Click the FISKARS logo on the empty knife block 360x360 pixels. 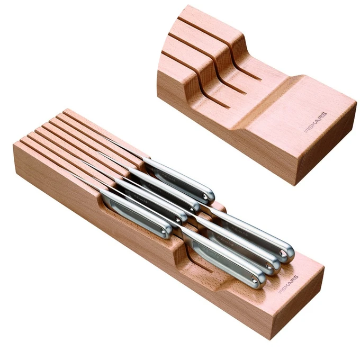click(316, 123)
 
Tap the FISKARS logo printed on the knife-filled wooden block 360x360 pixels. click(289, 284)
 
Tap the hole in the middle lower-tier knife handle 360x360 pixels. click(268, 266)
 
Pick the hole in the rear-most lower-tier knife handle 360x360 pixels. click(283, 253)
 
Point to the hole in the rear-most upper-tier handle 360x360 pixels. click(204, 196)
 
